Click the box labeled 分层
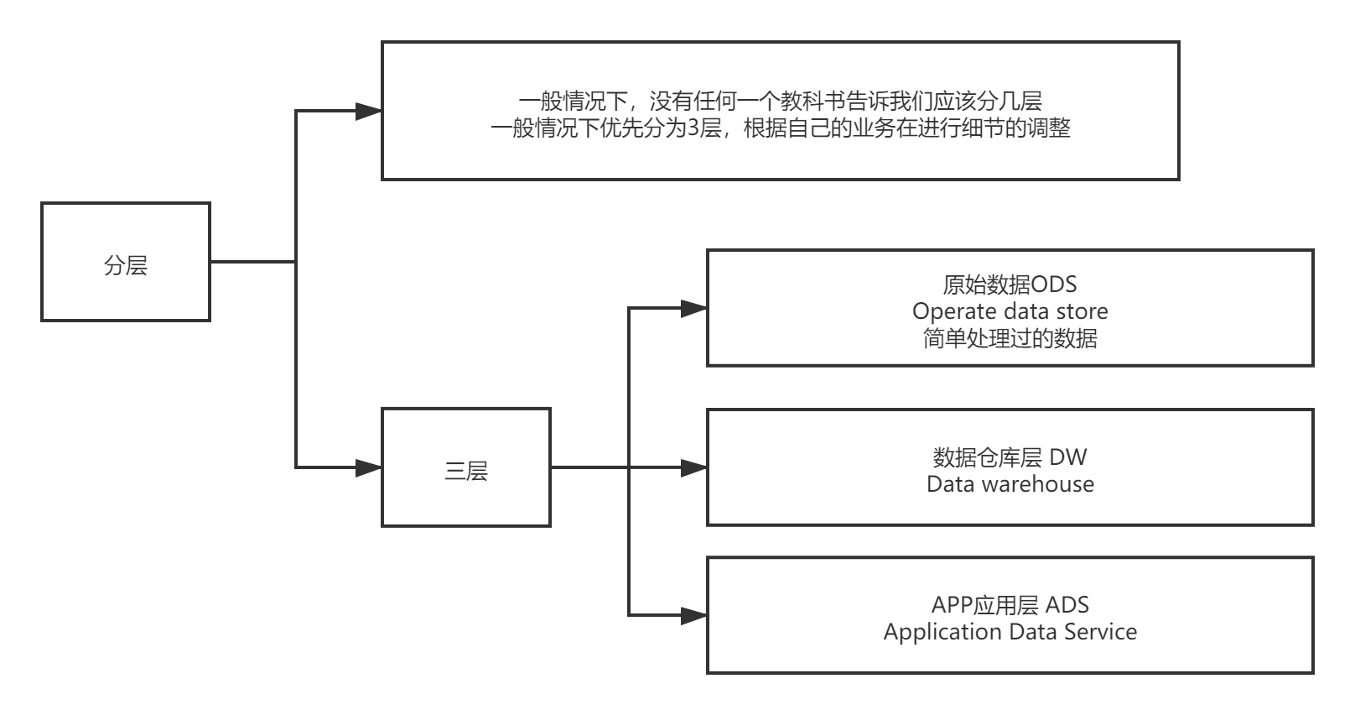point(126,262)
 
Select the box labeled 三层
point(466,468)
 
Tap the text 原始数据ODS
point(1010,284)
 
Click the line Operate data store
point(1010,311)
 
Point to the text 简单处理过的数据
point(1010,338)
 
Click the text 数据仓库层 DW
point(1010,457)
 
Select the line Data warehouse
point(1010,484)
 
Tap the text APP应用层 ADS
point(1010,605)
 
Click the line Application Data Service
point(1010,632)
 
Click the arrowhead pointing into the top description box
point(369,112)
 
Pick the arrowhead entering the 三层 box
point(369,467)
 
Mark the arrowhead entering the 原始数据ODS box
point(694,309)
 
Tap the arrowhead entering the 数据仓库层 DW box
point(694,467)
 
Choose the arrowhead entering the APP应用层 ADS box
point(694,616)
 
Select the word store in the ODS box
point(1082,311)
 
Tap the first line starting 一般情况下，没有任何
point(780,102)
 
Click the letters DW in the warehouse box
point(1068,457)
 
